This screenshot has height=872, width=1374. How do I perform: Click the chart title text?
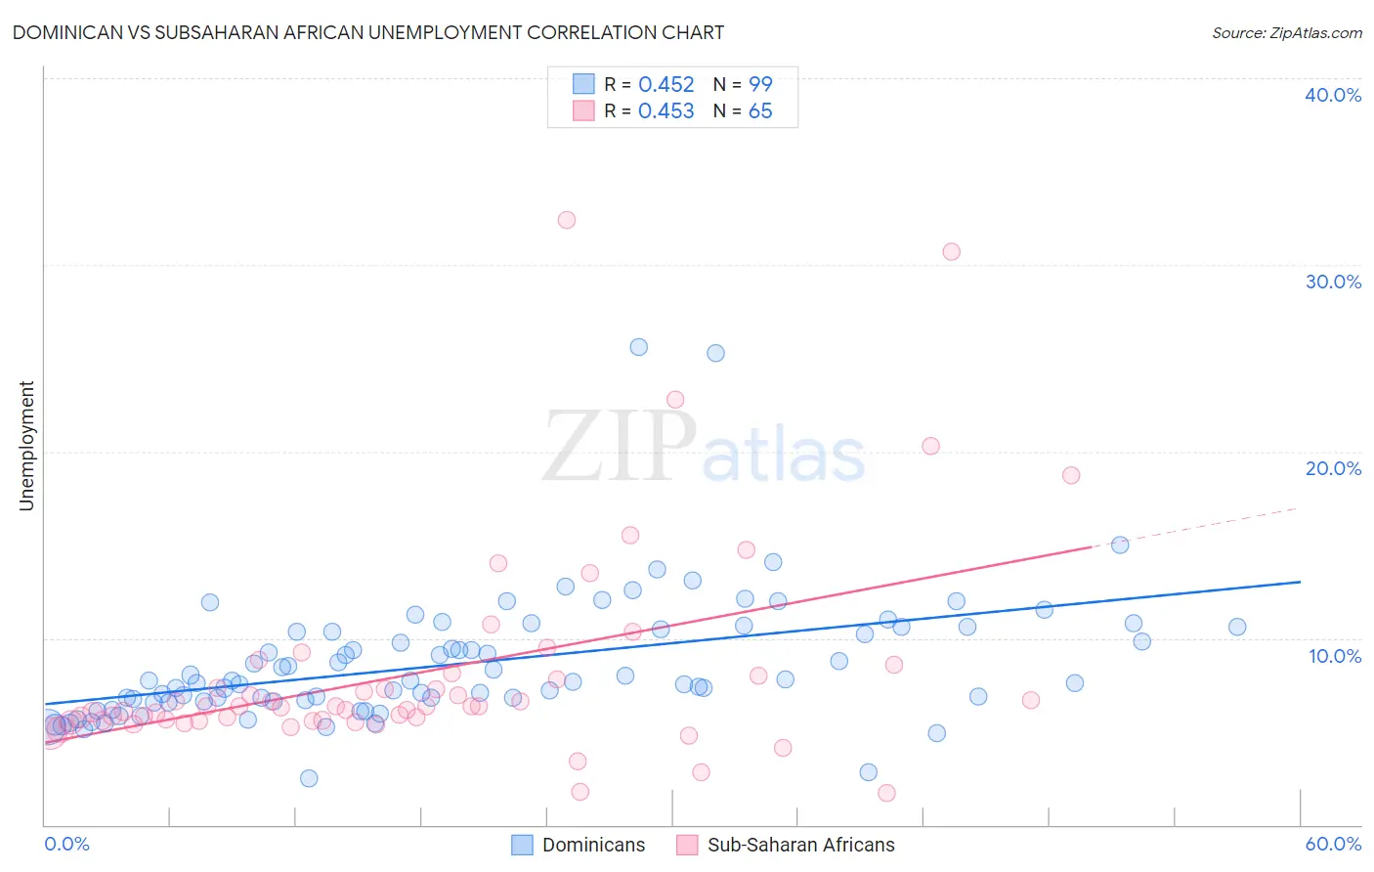(x=367, y=32)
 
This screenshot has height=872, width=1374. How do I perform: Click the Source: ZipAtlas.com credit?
(x=1286, y=32)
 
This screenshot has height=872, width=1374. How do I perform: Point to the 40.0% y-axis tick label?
(x=1332, y=95)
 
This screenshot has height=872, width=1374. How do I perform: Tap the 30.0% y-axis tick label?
(x=1332, y=282)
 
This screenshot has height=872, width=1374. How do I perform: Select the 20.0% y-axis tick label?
(x=1332, y=468)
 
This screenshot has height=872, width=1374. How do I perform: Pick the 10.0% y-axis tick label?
(x=1334, y=656)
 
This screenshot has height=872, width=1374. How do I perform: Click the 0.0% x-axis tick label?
(x=66, y=844)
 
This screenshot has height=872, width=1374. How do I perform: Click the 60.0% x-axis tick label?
(x=1332, y=844)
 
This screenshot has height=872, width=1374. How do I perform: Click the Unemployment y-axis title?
(x=27, y=446)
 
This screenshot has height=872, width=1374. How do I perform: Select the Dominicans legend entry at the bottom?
(x=579, y=845)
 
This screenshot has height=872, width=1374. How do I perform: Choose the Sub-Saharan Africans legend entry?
(x=786, y=845)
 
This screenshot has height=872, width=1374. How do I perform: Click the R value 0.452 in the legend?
(x=666, y=85)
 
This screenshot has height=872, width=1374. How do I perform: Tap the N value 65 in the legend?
(x=760, y=111)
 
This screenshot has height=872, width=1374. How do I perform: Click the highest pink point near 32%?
(x=567, y=220)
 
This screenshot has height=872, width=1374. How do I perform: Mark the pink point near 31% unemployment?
(x=951, y=251)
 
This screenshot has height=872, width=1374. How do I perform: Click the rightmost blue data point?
(x=1237, y=627)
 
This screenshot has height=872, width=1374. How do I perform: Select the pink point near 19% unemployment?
(x=1071, y=475)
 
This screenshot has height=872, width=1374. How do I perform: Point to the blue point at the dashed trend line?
(x=1120, y=545)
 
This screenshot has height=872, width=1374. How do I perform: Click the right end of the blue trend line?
(x=1300, y=582)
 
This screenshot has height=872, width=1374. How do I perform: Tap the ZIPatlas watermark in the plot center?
(x=704, y=448)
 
